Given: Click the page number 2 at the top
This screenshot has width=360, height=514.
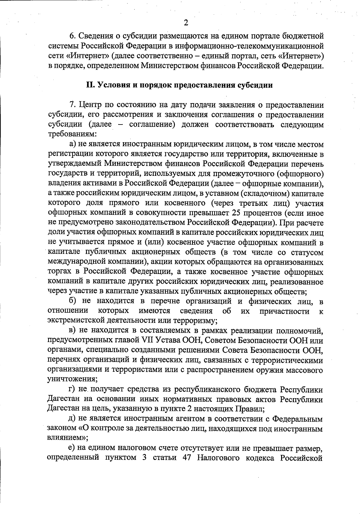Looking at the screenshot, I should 186,23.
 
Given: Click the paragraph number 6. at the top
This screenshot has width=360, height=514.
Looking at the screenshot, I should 73,36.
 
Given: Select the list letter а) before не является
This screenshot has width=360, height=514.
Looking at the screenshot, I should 72,144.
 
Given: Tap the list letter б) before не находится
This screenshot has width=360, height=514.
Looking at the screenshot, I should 73,301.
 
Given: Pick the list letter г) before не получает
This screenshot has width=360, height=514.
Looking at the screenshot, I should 72,390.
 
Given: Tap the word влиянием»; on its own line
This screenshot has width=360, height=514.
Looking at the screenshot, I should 67,438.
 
